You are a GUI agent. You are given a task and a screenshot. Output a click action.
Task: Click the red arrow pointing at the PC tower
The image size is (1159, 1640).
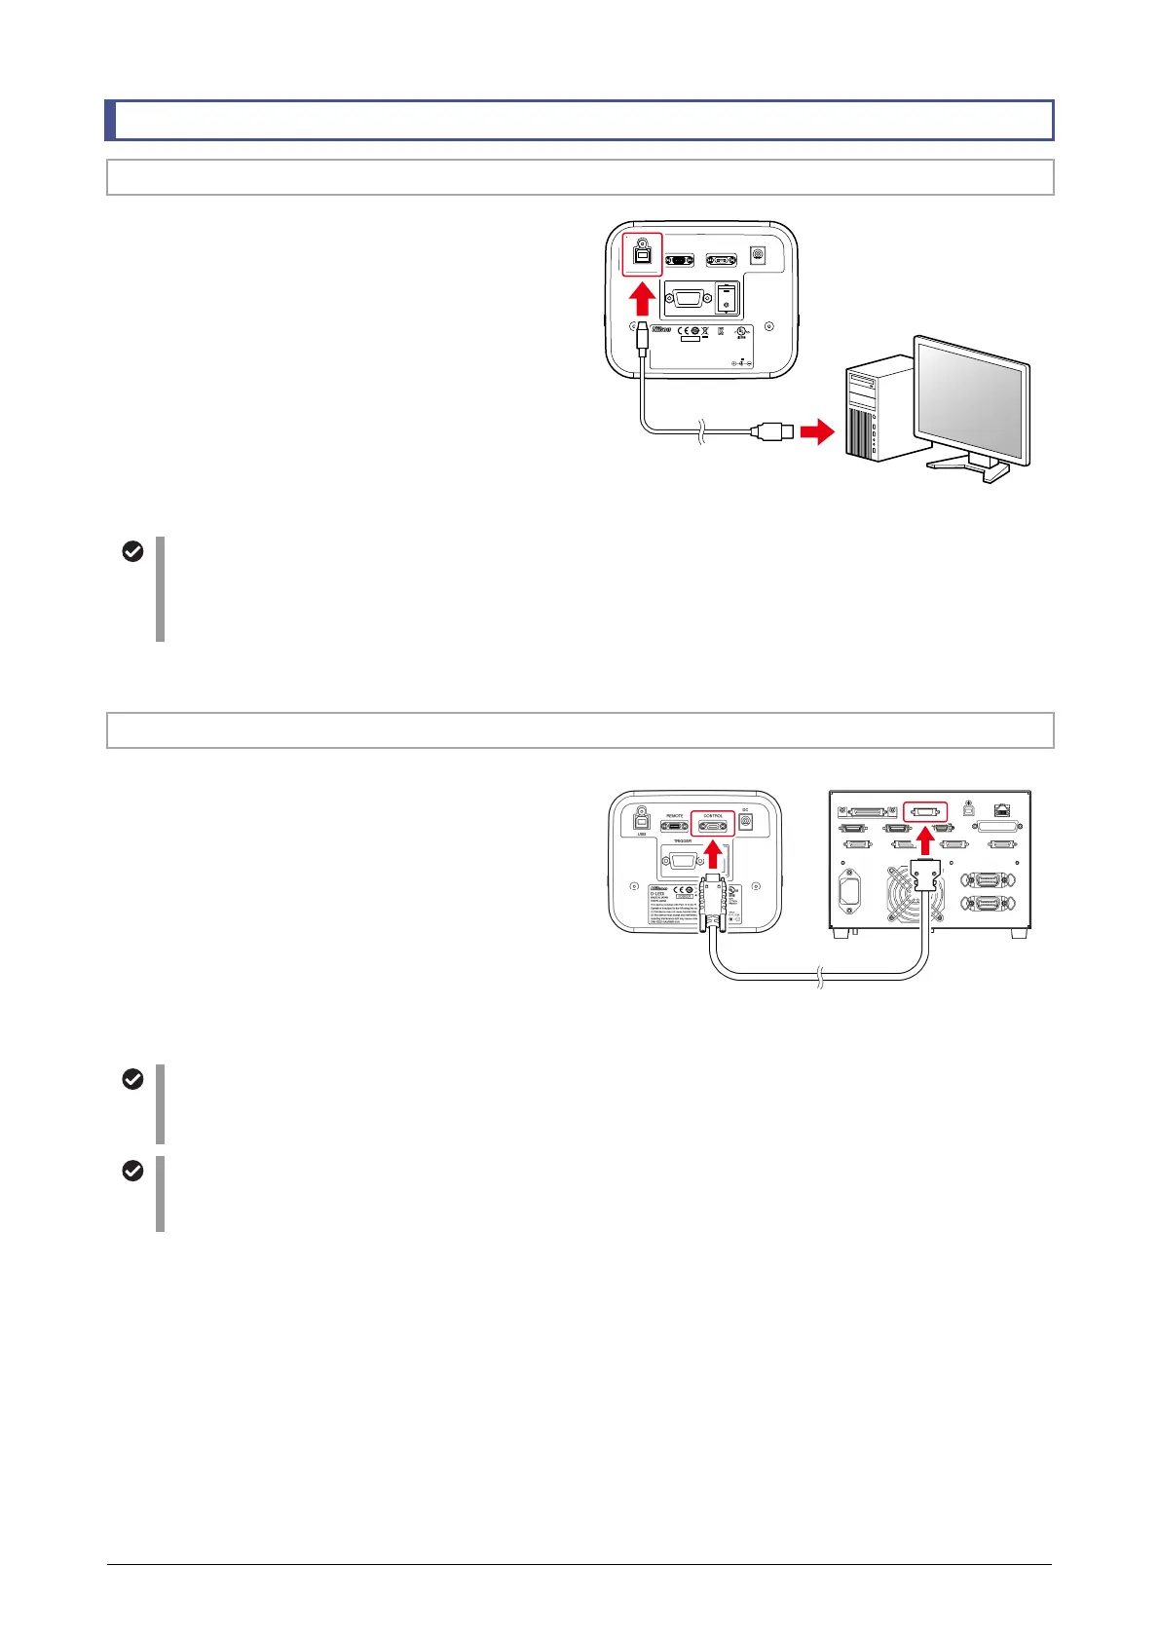point(817,430)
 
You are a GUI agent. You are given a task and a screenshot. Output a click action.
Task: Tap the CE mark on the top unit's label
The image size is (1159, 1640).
point(688,331)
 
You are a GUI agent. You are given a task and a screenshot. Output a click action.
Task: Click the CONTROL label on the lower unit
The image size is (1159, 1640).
point(713,815)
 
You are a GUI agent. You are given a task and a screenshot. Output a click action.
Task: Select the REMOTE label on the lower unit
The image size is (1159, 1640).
point(674,815)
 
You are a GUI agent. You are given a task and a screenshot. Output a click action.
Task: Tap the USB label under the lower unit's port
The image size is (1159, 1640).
point(642,834)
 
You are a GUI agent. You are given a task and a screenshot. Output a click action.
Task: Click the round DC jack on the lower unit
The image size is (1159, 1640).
point(746,822)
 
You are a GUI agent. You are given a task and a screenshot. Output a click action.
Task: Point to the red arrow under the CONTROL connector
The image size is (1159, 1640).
point(714,855)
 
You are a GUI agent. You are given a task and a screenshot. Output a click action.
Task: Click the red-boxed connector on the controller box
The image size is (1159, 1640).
point(924,811)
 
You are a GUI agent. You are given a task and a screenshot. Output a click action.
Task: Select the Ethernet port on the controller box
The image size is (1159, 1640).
point(1002,808)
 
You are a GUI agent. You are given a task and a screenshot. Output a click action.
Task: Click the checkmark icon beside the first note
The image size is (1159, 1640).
point(132,551)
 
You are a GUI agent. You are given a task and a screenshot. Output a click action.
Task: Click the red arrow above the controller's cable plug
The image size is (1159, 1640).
point(925,840)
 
